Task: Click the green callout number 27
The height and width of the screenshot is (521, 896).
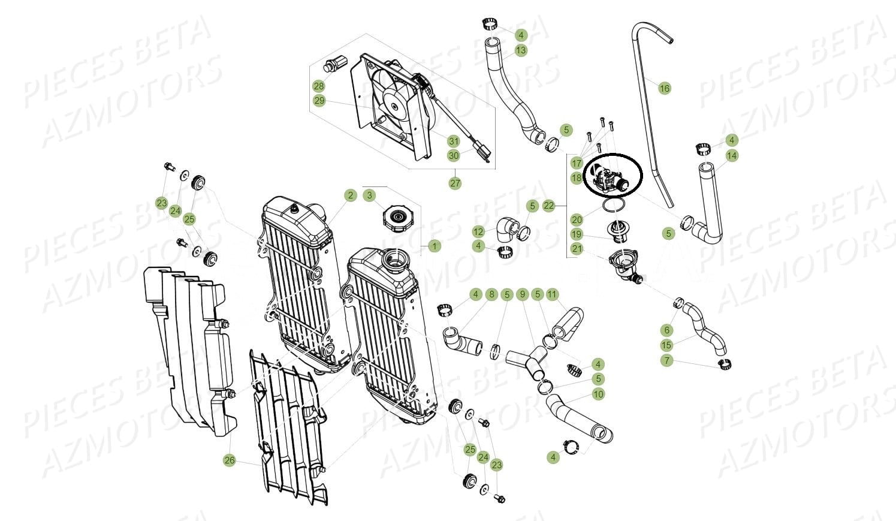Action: [x=455, y=183]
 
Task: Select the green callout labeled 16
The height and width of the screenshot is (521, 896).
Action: [x=665, y=89]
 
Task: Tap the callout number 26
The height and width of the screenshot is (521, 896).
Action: [x=229, y=460]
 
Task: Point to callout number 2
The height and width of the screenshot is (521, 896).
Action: [x=351, y=195]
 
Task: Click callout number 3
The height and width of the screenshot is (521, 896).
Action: [x=369, y=195]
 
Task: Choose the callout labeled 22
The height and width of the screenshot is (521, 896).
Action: [x=549, y=206]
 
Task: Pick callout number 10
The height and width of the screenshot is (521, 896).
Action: [x=598, y=394]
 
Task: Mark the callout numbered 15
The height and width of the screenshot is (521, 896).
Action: [x=666, y=345]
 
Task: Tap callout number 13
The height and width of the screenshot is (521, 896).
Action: [x=521, y=50]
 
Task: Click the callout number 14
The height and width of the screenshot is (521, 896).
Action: [x=732, y=155]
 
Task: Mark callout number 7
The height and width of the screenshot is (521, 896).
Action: [x=666, y=361]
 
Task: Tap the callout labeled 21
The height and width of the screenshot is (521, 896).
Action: [x=577, y=249]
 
